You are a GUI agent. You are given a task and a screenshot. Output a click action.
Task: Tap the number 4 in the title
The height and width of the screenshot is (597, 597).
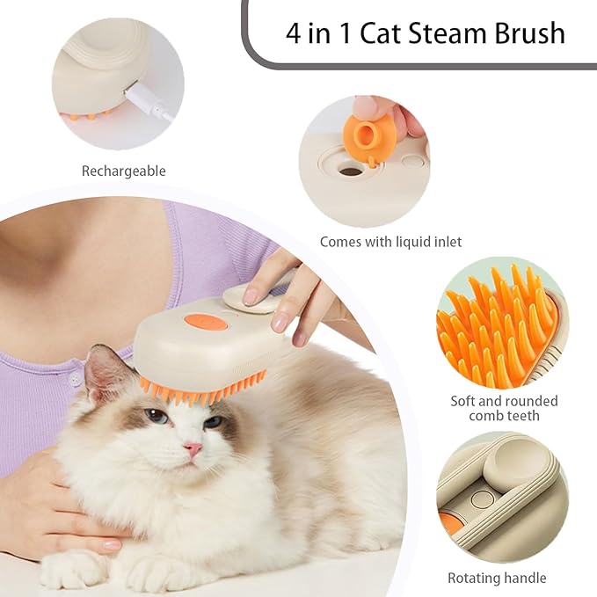click(x=294, y=33)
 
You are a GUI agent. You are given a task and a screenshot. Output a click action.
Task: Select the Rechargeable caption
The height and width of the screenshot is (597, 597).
click(x=123, y=171)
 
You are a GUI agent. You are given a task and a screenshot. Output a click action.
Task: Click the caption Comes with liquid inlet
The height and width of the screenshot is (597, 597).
click(x=390, y=241)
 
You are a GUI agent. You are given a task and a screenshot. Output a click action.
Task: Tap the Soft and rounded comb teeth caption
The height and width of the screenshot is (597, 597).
click(x=504, y=408)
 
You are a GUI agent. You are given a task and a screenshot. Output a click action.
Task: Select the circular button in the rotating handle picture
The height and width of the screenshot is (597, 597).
click(x=481, y=499)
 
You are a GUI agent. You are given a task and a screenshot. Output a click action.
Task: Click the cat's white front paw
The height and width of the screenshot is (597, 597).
click(x=75, y=572)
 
